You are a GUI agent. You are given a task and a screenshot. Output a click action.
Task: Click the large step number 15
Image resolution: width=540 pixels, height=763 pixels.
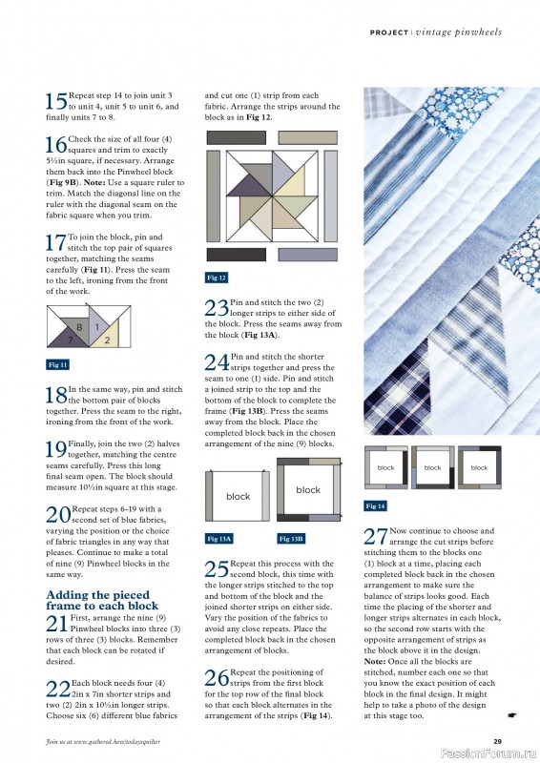(x=56, y=101)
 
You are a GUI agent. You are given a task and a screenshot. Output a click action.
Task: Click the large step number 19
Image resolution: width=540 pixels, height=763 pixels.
(x=56, y=449)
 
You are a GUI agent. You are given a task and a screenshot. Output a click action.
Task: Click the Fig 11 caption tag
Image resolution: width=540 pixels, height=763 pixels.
(x=58, y=364)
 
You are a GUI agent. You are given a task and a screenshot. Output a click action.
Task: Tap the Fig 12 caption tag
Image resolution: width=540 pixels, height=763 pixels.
(x=217, y=278)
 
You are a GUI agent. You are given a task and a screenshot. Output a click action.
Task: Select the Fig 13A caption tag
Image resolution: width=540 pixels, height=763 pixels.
(x=219, y=539)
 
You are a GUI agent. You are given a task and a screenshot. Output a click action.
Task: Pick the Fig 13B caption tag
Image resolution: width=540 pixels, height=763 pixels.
(x=291, y=539)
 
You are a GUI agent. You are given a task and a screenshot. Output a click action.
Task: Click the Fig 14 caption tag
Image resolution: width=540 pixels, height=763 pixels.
(x=376, y=505)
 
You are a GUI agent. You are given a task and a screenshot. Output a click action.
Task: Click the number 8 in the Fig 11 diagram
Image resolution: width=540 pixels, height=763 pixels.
(x=80, y=327)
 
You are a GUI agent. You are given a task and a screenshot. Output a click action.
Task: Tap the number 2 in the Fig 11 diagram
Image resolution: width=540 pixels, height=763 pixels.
(x=107, y=340)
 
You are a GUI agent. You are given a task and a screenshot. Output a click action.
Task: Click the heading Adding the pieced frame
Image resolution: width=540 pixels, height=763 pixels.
(x=102, y=600)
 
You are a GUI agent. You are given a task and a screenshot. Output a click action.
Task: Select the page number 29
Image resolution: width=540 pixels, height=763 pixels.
(x=497, y=741)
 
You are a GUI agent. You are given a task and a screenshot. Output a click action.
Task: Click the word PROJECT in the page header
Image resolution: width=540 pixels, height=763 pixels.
(x=390, y=32)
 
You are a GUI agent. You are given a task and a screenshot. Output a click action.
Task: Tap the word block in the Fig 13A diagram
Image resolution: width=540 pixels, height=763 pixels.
(x=238, y=497)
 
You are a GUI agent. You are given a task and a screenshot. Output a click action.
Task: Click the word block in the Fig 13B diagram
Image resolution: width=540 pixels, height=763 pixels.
(x=308, y=490)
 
